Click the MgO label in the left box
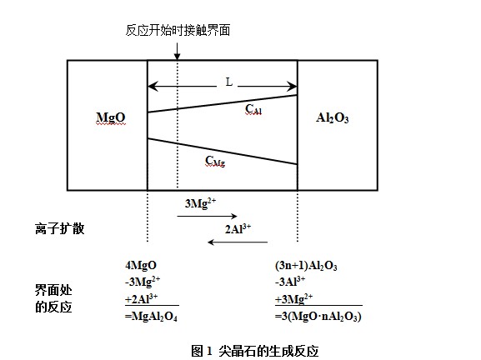tap(111, 117)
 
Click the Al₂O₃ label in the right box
tap(333, 117)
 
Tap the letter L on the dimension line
tap(229, 82)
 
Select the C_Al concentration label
tap(253, 109)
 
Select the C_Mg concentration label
tap(215, 161)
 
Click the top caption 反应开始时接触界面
tap(178, 30)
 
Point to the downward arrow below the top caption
tap(177, 51)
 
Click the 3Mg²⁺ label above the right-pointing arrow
tap(200, 203)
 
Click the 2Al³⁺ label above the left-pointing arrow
tap(238, 229)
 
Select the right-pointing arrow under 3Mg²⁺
tap(207, 216)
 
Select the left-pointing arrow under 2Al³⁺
tap(238, 242)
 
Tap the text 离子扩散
tap(59, 229)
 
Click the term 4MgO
tap(141, 265)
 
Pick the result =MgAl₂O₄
tap(151, 316)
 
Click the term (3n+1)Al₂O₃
tap(306, 266)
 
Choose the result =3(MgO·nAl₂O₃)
tap(318, 316)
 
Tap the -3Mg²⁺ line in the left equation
tap(143, 282)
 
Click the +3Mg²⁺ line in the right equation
tap(294, 299)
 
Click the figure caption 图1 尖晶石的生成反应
tap(255, 351)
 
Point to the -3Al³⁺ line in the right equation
tap(290, 282)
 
